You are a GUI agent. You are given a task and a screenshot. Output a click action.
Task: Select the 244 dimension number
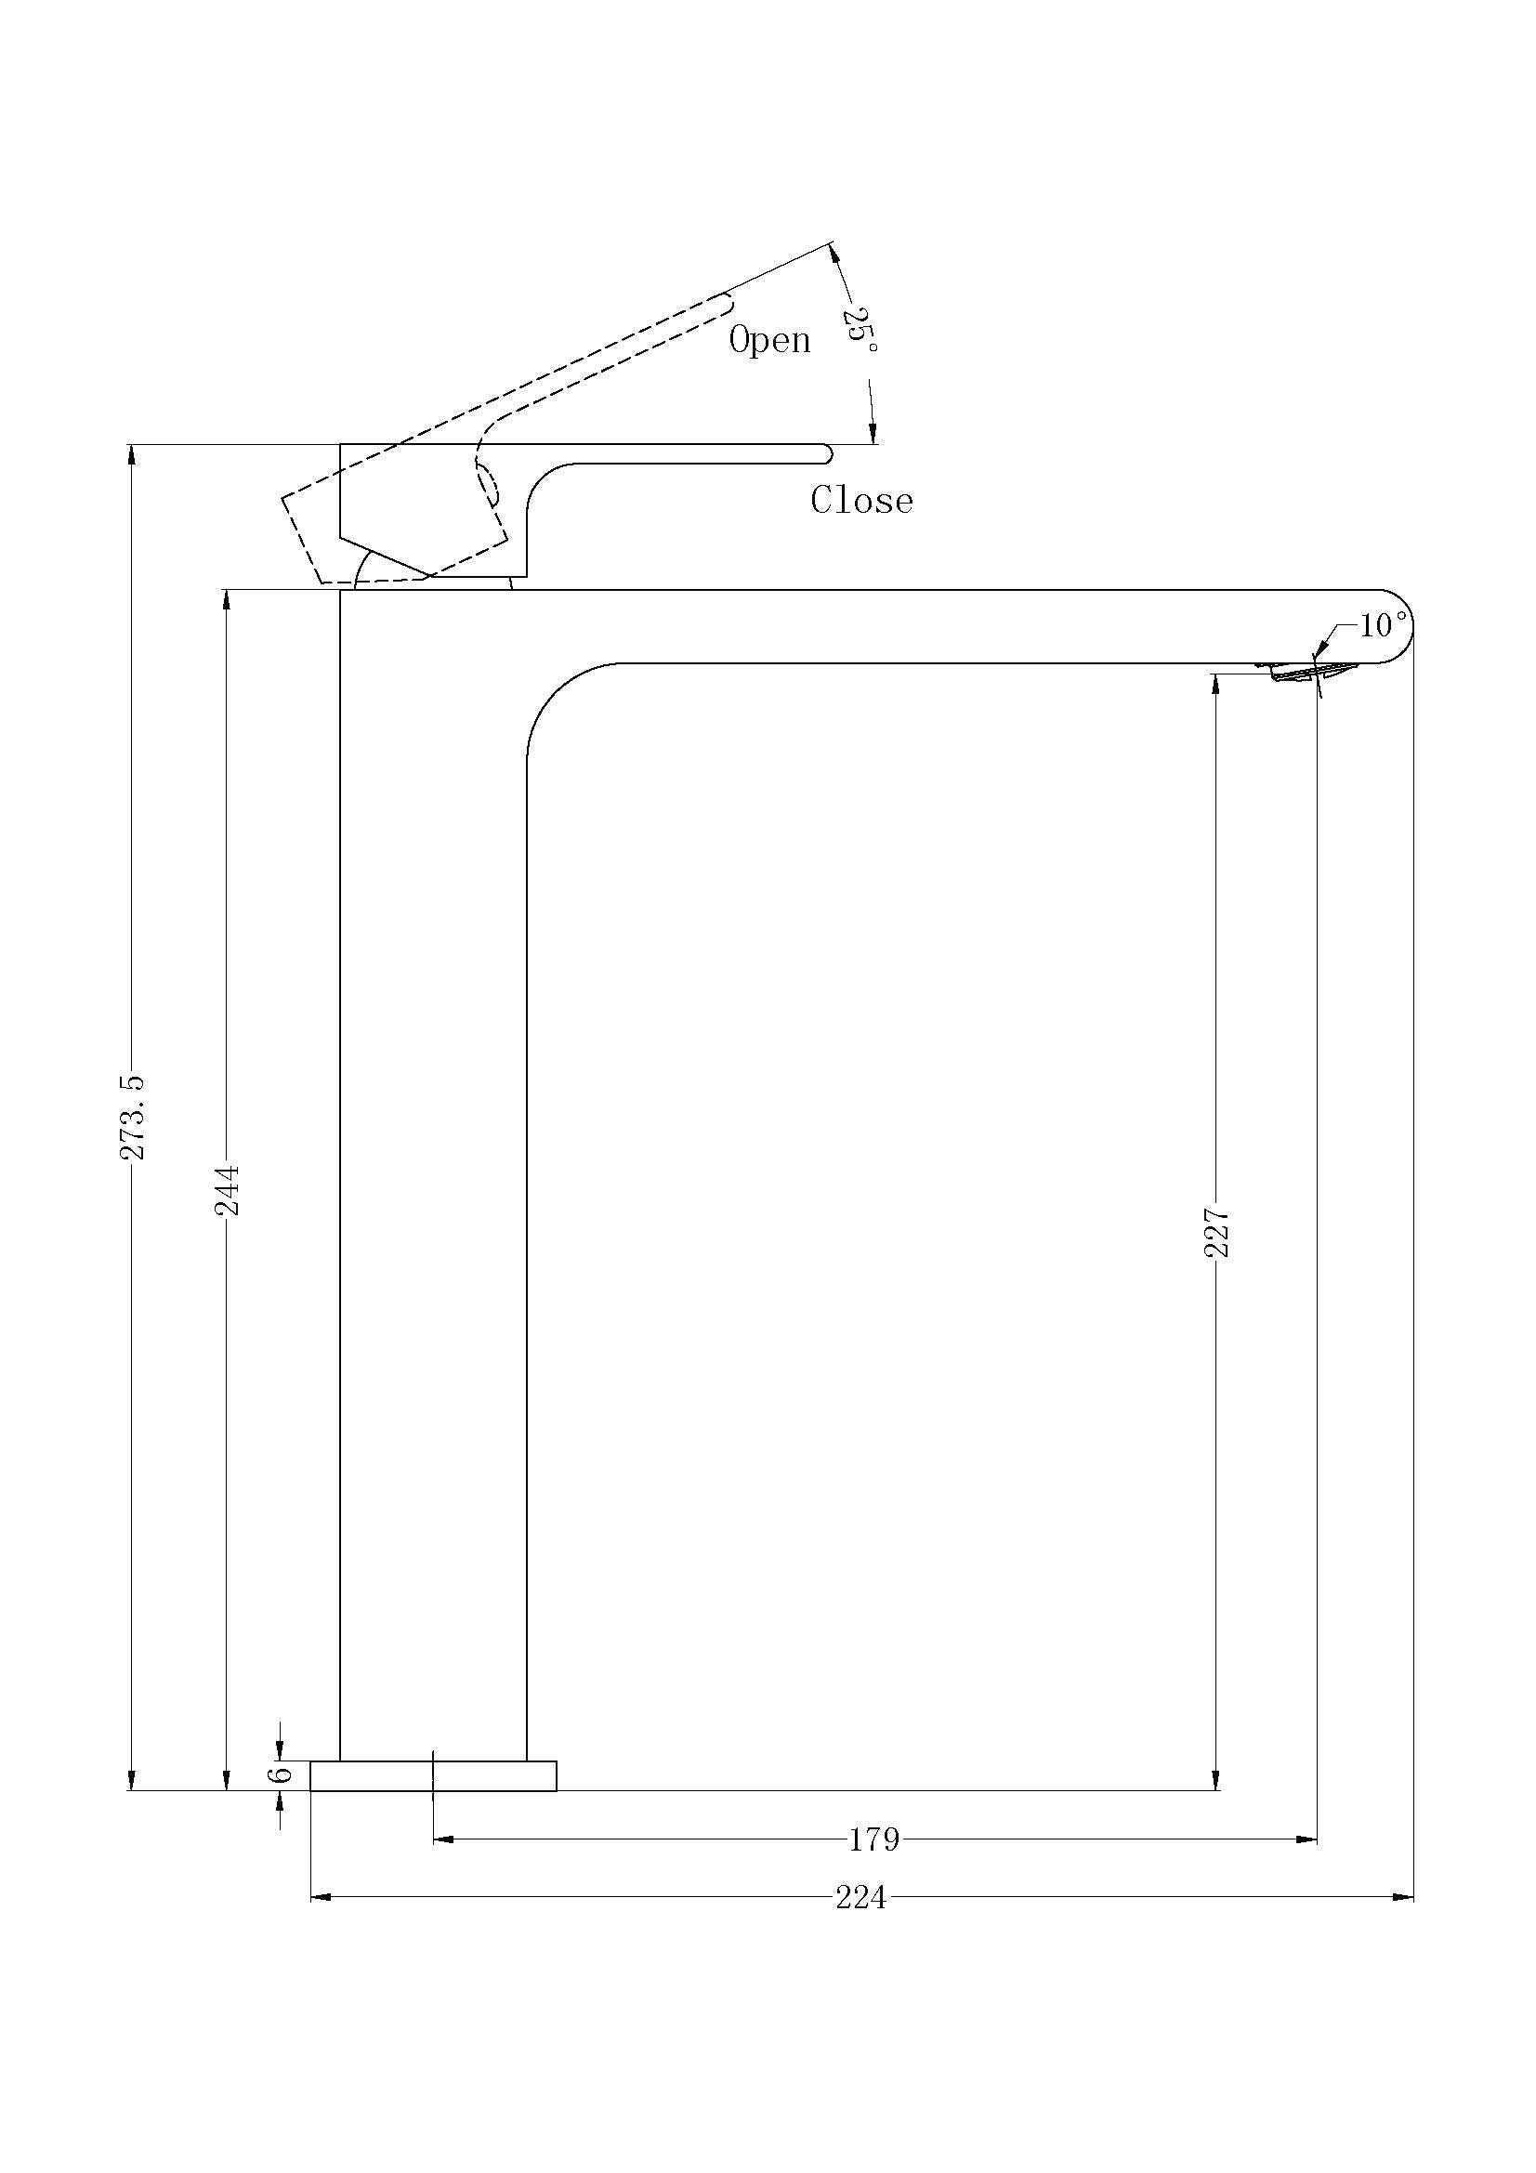pyautogui.click(x=227, y=1190)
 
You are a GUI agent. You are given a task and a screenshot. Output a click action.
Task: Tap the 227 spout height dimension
pyautogui.click(x=1216, y=1231)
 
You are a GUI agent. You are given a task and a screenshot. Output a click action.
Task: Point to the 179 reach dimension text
pyautogui.click(x=873, y=1839)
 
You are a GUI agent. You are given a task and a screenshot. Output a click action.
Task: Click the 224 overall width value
pyautogui.click(x=860, y=1898)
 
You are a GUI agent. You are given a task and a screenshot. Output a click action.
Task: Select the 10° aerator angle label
pyautogui.click(x=1384, y=625)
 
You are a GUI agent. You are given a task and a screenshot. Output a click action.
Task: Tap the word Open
pyautogui.click(x=769, y=340)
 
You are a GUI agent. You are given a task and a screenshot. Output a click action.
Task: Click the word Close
pyautogui.click(x=861, y=501)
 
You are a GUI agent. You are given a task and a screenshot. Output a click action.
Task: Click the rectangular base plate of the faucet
pyautogui.click(x=432, y=1775)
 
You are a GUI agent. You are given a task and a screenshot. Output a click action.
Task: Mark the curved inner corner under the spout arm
pyautogui.click(x=558, y=696)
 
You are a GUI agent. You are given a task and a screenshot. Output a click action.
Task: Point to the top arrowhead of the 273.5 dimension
pyautogui.click(x=133, y=453)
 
